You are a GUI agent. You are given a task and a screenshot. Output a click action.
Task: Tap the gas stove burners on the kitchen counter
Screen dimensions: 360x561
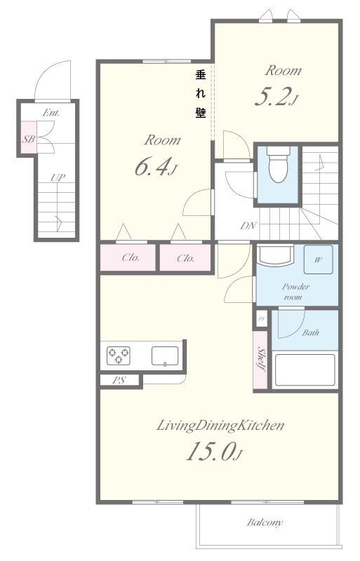(x=118, y=356)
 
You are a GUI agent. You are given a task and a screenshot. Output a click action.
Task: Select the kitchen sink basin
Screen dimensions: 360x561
(x=165, y=356)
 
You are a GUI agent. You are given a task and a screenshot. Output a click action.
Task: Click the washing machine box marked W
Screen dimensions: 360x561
(x=318, y=259)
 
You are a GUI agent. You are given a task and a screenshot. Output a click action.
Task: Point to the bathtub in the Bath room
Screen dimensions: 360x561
(x=305, y=370)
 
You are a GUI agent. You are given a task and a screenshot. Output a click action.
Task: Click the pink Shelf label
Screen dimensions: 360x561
(x=261, y=359)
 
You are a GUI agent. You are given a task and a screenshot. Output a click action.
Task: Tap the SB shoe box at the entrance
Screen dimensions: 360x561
(x=28, y=138)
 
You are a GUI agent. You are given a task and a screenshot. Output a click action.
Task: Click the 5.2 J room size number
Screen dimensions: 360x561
(x=276, y=97)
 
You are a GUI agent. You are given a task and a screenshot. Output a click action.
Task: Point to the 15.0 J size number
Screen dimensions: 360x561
(x=214, y=452)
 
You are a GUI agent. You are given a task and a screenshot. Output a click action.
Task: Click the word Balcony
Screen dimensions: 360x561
(x=265, y=522)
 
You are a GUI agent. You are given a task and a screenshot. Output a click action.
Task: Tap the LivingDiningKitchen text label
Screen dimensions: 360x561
(x=220, y=426)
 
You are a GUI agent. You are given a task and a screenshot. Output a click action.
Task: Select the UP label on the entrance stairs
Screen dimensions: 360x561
(x=58, y=177)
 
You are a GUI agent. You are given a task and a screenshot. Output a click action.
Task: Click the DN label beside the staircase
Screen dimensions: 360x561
(x=248, y=226)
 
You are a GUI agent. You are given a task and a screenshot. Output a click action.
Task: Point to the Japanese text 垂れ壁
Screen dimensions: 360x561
(x=201, y=94)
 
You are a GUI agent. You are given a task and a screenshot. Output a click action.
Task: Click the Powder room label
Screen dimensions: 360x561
(x=295, y=292)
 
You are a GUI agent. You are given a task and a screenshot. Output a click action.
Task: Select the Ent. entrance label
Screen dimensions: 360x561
(x=51, y=113)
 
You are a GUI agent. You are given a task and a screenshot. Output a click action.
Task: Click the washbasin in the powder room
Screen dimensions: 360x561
(x=276, y=255)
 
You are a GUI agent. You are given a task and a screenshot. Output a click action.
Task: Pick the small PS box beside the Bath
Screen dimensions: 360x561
(x=262, y=318)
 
